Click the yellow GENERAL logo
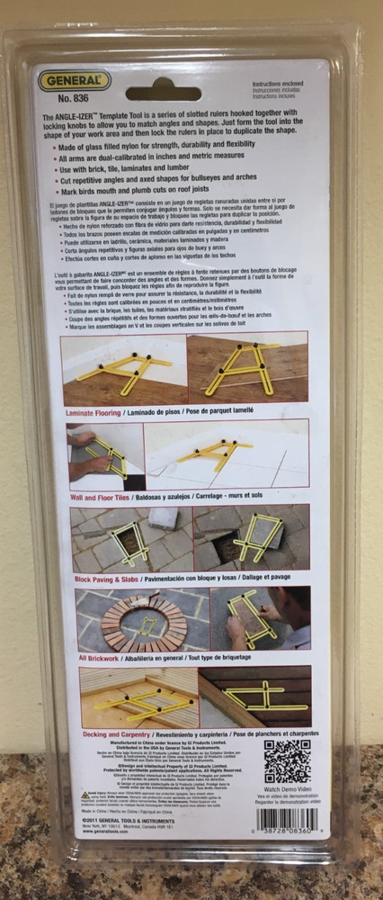point(74,81)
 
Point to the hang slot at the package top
point(163,93)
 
